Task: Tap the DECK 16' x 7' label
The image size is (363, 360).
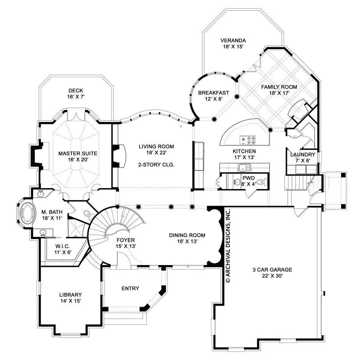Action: [x=76, y=91]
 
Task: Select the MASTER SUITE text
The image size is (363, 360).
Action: [x=78, y=154]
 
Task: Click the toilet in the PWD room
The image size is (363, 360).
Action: [x=264, y=182]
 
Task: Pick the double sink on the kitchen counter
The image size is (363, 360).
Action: [x=245, y=167]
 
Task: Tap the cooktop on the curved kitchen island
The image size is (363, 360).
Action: [x=250, y=140]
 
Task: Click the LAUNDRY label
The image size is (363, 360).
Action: [x=302, y=155]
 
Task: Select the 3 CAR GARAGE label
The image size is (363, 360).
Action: [x=272, y=270]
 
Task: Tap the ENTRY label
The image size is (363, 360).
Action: [x=130, y=289]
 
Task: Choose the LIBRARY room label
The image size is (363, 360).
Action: [x=70, y=295]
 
